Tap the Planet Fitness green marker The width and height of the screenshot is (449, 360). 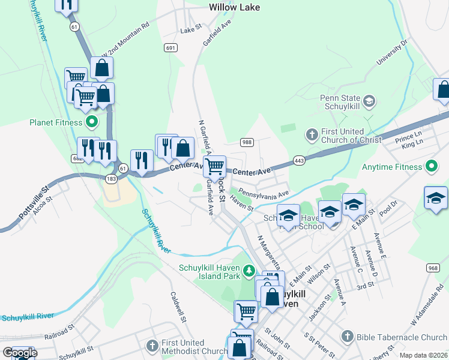point(92,123)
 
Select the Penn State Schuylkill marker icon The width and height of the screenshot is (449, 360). point(370,101)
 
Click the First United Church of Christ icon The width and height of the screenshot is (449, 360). point(312,135)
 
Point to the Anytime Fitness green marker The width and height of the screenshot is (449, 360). point(431,165)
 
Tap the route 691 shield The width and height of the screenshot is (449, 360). point(171,47)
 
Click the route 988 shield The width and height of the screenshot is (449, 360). point(246,142)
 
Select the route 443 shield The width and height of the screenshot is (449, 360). point(300,160)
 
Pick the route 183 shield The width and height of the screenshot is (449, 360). point(112,179)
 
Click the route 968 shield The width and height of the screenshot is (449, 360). point(433,267)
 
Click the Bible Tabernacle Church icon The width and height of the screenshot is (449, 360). point(347,337)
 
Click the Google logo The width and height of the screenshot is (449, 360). point(19,352)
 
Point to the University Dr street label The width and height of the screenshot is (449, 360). point(393,52)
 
